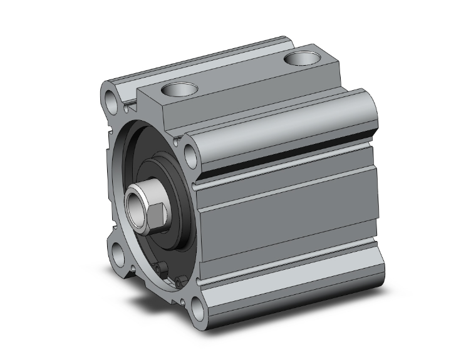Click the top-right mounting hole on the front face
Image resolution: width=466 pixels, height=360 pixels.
[x=190, y=152]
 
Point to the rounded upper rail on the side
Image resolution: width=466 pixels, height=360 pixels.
[x=282, y=125]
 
